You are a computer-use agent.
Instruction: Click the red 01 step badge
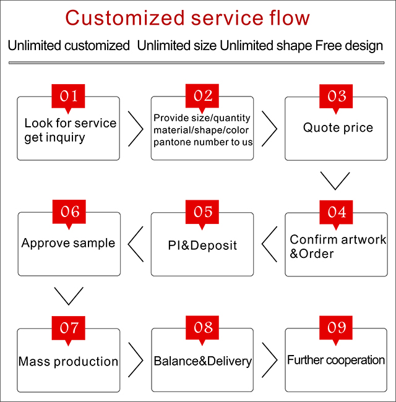point(68,97)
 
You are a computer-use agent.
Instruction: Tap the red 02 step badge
point(202,97)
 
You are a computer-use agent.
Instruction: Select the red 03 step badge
point(336,97)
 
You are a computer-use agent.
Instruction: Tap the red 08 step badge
point(202,328)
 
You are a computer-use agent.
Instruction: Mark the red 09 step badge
point(336,328)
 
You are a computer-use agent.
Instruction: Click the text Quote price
point(338,128)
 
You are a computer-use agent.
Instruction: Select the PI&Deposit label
point(202,246)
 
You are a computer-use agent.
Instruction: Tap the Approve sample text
point(68,243)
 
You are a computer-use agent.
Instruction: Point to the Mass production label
point(68,361)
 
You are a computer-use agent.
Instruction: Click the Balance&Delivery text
point(202,361)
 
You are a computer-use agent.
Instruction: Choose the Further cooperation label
point(336,360)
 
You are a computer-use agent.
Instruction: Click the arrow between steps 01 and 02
point(135,129)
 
